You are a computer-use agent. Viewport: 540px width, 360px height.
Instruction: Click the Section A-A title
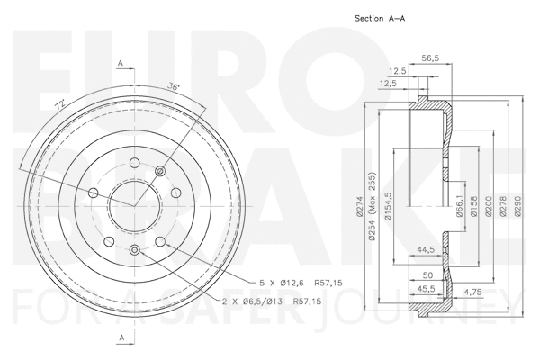pos(383,18)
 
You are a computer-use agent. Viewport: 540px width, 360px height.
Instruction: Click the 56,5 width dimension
pos(430,58)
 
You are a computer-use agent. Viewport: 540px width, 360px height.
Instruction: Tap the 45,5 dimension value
pos(427,288)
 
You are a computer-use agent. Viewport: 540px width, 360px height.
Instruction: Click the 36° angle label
pos(174,87)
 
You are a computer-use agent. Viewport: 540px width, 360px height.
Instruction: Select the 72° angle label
pos(59,106)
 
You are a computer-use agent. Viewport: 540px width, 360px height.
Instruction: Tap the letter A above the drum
pos(121,63)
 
